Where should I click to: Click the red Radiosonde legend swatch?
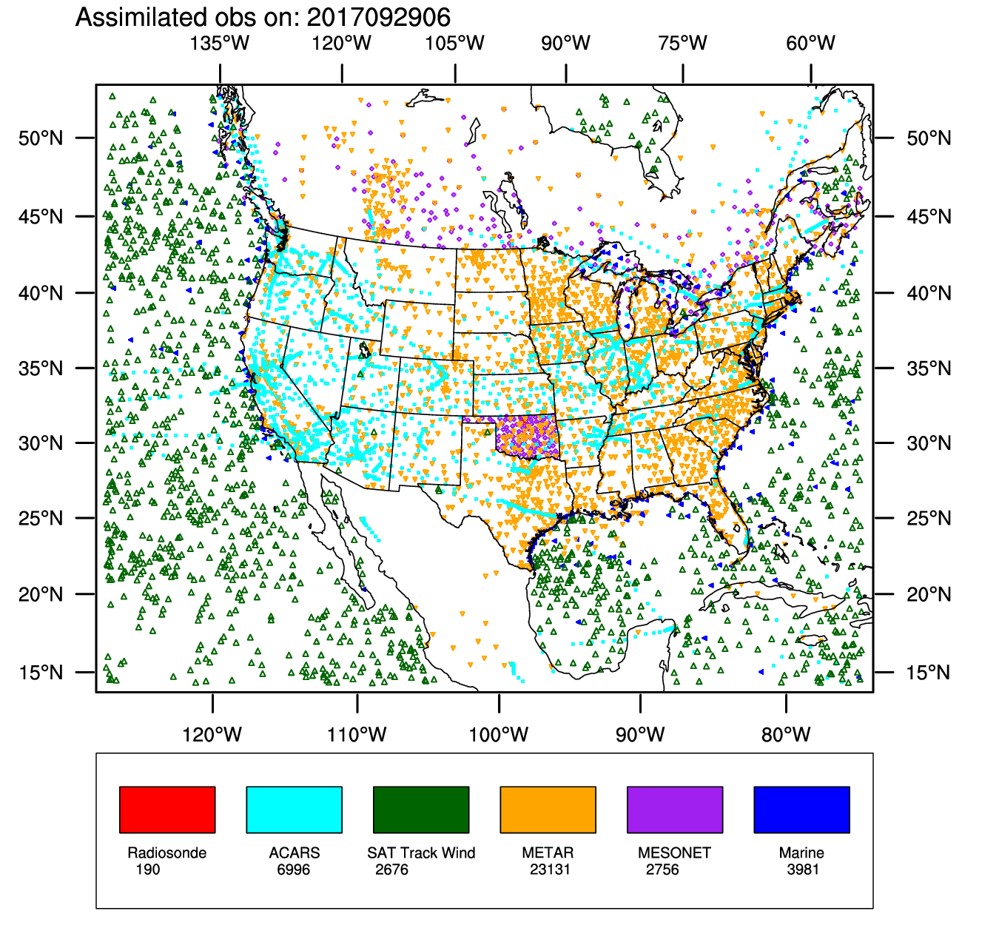click(x=167, y=810)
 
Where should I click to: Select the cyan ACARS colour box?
click(x=294, y=810)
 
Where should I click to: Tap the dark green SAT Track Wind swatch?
click(x=421, y=810)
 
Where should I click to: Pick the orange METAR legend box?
click(x=548, y=810)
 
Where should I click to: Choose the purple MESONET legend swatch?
click(x=675, y=810)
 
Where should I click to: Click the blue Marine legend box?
click(x=801, y=810)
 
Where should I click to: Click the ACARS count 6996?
click(x=293, y=869)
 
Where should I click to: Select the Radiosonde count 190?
click(x=147, y=869)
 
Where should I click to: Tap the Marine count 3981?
click(x=803, y=869)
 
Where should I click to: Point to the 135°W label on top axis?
click(x=220, y=43)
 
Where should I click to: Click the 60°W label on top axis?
click(x=810, y=43)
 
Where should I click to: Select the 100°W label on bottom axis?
click(x=499, y=735)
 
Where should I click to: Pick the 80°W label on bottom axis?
click(x=786, y=735)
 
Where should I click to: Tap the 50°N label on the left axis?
click(x=41, y=138)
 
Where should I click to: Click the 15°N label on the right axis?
click(x=929, y=673)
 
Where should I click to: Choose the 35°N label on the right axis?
click(x=929, y=369)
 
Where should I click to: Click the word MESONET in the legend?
click(x=674, y=853)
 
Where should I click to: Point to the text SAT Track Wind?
click(x=421, y=853)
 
